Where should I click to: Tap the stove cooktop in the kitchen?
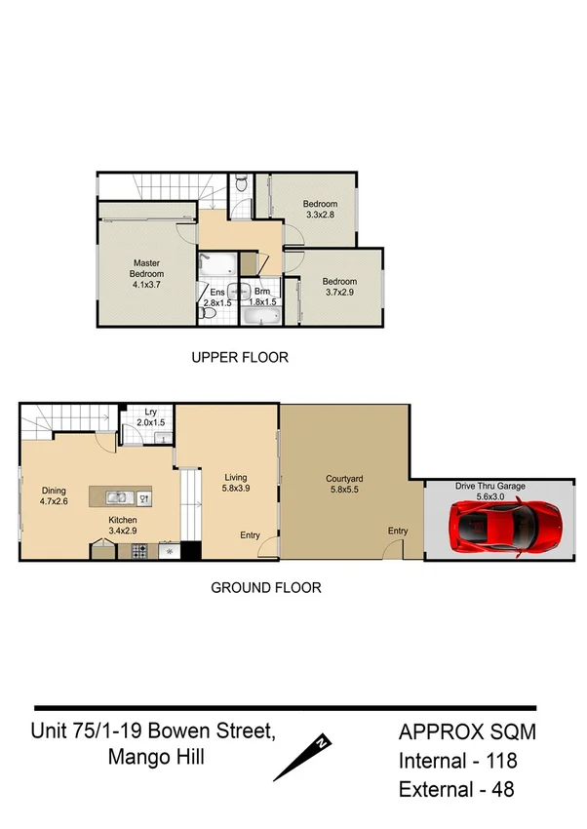(x=139, y=551)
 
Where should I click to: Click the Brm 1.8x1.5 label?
(x=262, y=297)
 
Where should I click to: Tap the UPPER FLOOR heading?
(x=240, y=358)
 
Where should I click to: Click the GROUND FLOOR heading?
(x=266, y=588)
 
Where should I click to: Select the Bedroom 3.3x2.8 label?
(x=320, y=209)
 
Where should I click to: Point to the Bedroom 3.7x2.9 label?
(x=341, y=285)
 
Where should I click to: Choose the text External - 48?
(x=457, y=789)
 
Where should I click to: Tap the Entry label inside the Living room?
(x=250, y=534)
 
